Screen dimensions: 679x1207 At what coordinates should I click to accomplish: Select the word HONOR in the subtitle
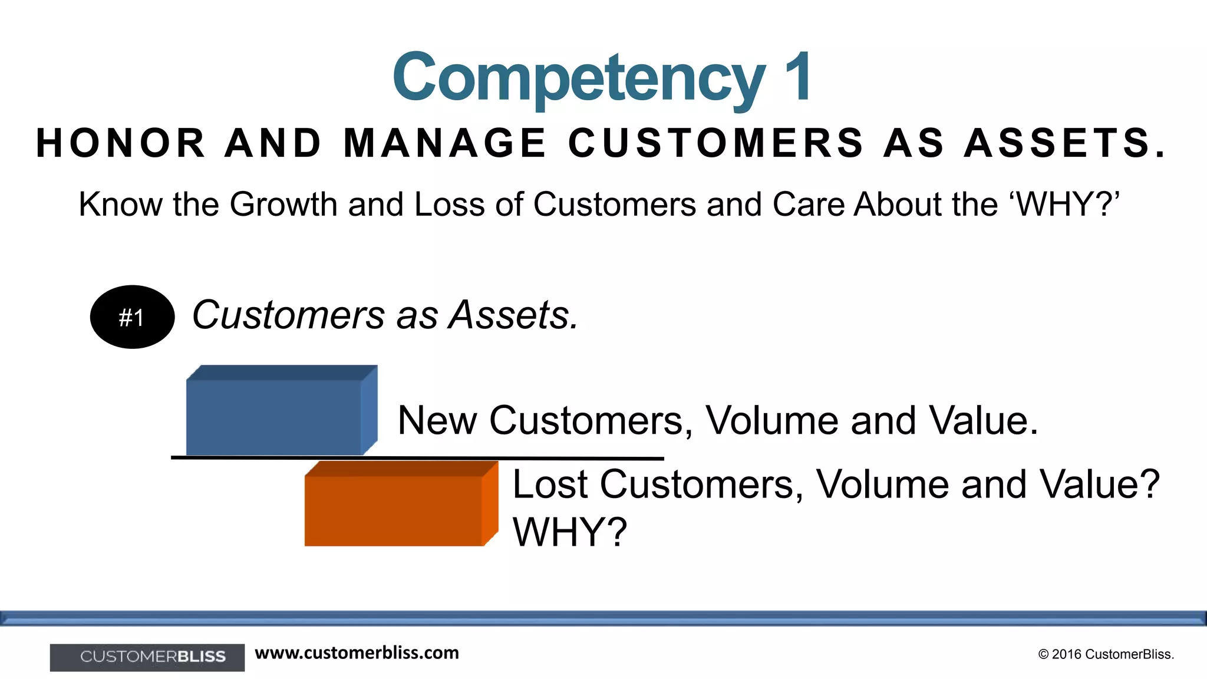point(120,143)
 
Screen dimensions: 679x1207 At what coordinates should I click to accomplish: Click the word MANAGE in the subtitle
point(445,143)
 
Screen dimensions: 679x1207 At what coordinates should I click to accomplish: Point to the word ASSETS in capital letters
point(1064,143)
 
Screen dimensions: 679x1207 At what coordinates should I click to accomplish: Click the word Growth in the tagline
point(283,205)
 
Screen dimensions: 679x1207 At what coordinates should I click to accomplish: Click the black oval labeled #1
point(132,317)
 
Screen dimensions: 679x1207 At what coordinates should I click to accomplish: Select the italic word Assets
point(513,315)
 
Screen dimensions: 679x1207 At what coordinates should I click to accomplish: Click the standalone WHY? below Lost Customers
point(569,532)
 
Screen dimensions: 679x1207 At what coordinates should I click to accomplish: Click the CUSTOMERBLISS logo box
point(147,657)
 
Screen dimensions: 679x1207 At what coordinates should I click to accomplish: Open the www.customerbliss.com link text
point(357,653)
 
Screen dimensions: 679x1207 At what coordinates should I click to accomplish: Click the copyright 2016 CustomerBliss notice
point(1106,654)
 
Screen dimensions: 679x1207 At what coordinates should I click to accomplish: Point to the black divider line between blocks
point(417,457)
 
